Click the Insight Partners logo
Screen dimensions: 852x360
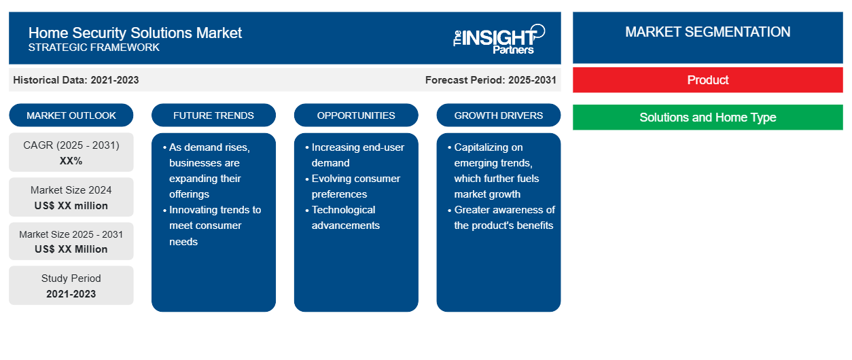pos(499,39)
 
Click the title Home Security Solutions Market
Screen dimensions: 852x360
pos(135,33)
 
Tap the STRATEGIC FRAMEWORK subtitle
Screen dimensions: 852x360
pos(94,48)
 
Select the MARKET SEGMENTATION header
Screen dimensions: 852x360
pos(707,32)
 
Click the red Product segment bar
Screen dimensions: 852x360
pos(707,80)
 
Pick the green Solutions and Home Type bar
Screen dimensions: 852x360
pos(707,117)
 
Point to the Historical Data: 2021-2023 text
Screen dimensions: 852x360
pos(76,80)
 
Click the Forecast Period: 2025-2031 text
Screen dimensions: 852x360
pos(491,80)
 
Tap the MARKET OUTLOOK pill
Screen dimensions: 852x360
pos(71,115)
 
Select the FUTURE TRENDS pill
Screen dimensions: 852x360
pos(213,115)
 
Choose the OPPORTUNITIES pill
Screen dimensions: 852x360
pos(356,115)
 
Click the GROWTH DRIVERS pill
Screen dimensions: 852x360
pos(498,115)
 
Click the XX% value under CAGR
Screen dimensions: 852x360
pos(71,161)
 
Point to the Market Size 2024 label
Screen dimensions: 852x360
pos(71,190)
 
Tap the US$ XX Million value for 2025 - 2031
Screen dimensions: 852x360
pos(71,249)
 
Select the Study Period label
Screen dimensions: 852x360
pos(71,278)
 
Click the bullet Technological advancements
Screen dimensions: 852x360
pos(345,217)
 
